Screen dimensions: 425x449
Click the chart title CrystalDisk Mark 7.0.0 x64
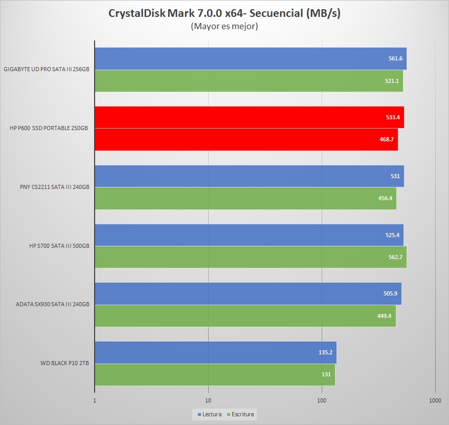pos(224,13)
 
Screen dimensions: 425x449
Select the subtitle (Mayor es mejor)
pos(224,26)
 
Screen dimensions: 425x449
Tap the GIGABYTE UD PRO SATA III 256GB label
pos(47,70)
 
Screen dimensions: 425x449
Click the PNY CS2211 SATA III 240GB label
pos(51,187)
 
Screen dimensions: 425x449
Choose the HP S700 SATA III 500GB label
pos(59,246)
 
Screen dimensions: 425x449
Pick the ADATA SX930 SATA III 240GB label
pos(53,305)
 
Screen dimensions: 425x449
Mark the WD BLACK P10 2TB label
pos(64,364)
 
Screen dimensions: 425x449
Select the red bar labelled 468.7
pos(245,139)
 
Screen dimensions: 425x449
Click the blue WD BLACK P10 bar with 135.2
pos(215,352)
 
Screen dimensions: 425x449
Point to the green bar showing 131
pos(215,374)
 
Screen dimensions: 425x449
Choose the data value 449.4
pos(384,316)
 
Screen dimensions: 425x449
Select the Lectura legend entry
pos(210,414)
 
